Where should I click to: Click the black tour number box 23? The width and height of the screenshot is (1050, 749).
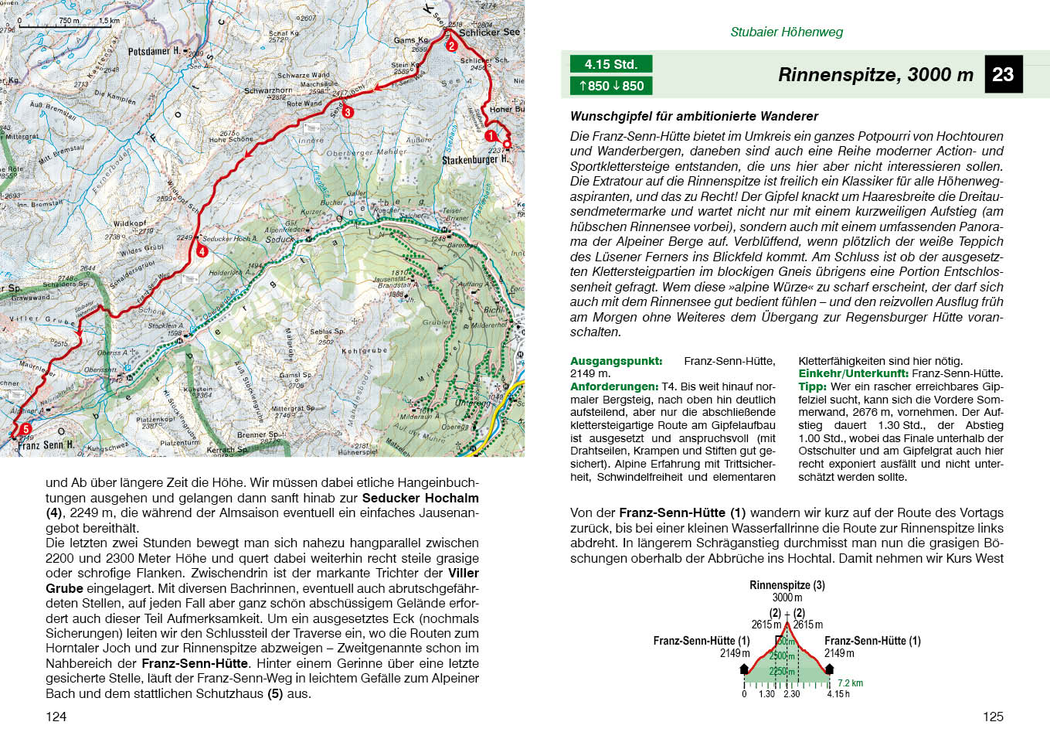pyautogui.click(x=1003, y=74)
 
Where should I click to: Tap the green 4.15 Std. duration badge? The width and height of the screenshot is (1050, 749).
pyautogui.click(x=610, y=64)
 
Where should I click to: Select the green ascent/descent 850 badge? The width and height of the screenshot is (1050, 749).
pyautogui.click(x=610, y=86)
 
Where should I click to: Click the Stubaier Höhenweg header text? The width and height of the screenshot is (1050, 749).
pyautogui.click(x=787, y=32)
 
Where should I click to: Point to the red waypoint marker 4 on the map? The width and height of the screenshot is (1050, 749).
pyautogui.click(x=202, y=251)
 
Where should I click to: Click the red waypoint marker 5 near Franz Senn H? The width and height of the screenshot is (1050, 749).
pyautogui.click(x=25, y=429)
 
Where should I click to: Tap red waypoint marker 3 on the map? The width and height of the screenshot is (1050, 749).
pyautogui.click(x=348, y=112)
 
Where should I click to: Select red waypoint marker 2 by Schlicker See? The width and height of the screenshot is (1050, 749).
pyautogui.click(x=451, y=46)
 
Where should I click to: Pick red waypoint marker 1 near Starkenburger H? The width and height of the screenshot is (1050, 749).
pyautogui.click(x=490, y=135)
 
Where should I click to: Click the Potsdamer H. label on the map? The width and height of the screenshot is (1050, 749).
pyautogui.click(x=154, y=51)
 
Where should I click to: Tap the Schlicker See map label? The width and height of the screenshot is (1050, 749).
pyautogui.click(x=489, y=32)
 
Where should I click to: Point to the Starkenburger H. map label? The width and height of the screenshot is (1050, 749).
pyautogui.click(x=474, y=160)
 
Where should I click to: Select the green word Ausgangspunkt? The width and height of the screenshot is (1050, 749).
pyautogui.click(x=616, y=361)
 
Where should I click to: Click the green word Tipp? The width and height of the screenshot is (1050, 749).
pyautogui.click(x=812, y=386)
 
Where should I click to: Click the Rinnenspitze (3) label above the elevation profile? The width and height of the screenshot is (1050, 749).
pyautogui.click(x=787, y=585)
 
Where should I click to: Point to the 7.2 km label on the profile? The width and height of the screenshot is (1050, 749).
pyautogui.click(x=850, y=683)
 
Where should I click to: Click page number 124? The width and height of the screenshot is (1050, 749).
pyautogui.click(x=56, y=717)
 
